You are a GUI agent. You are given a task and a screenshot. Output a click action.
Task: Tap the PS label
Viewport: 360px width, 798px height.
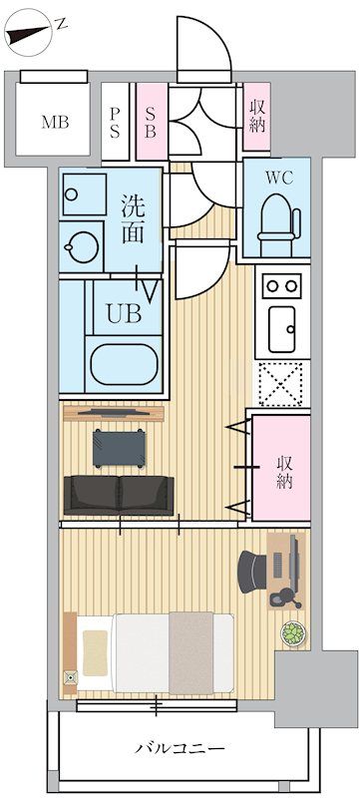pos(115,122)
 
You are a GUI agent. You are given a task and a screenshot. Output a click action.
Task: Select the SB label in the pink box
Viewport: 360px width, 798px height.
pos(151,122)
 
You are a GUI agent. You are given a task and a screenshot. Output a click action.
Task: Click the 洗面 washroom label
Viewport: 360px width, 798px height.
pos(137,220)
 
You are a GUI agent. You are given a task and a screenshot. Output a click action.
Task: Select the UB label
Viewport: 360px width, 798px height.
pos(124,312)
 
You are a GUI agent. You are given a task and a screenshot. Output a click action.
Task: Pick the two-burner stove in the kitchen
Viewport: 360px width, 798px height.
pos(282,286)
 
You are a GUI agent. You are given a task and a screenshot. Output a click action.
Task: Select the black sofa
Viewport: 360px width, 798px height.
pos(118,494)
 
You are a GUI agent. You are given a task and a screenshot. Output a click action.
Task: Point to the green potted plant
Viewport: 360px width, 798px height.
pos(292,632)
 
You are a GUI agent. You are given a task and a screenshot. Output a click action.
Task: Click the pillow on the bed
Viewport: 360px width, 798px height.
pos(96,651)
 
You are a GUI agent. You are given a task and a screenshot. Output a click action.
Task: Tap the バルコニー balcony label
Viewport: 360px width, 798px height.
pos(180,748)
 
